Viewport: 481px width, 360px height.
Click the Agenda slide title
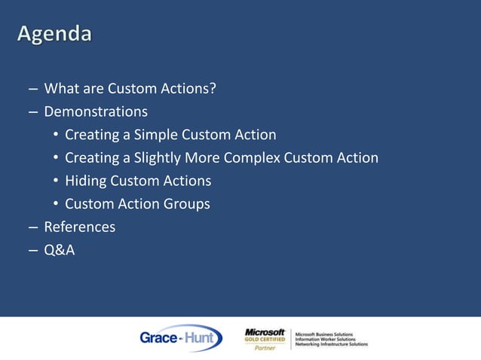[55, 35]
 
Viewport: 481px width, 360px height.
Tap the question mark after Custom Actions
[213, 90]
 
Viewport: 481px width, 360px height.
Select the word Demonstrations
[96, 112]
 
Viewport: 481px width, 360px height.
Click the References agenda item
[79, 227]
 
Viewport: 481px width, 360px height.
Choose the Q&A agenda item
[59, 249]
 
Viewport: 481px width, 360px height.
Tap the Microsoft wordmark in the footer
[265, 331]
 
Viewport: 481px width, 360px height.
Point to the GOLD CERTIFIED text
[265, 340]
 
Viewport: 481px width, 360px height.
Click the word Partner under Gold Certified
[265, 349]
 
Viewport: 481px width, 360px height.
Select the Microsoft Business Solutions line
[325, 333]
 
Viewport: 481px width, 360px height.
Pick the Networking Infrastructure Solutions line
[331, 343]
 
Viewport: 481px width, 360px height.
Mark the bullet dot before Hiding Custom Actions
[56, 182]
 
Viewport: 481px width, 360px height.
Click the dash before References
[33, 227]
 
